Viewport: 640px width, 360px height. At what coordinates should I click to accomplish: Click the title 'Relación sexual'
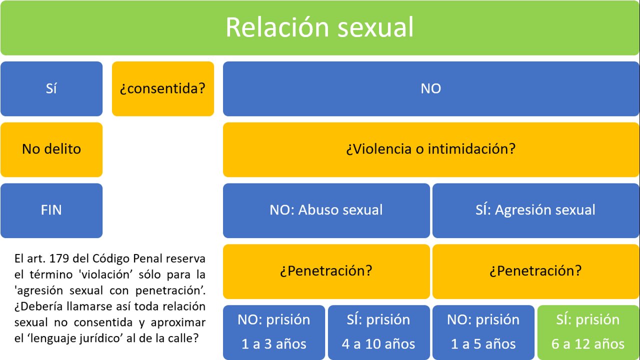click(x=319, y=27)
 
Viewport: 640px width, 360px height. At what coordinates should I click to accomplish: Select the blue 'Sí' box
click(x=51, y=88)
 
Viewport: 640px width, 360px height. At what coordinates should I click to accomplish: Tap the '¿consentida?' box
click(x=163, y=88)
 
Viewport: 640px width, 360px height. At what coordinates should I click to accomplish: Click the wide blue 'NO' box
click(x=430, y=88)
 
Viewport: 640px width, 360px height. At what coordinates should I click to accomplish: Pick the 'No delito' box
click(x=51, y=149)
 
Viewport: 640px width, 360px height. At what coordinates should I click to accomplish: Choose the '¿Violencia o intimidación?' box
click(x=430, y=149)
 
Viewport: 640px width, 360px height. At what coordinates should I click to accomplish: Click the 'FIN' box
click(x=51, y=210)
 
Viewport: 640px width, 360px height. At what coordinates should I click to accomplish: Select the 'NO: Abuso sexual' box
click(x=326, y=210)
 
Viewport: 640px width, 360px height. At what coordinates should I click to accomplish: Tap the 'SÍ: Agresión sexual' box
click(x=535, y=210)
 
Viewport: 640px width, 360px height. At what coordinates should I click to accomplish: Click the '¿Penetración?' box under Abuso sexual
click(x=326, y=271)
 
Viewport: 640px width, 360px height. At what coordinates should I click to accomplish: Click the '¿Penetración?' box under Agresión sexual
click(x=535, y=271)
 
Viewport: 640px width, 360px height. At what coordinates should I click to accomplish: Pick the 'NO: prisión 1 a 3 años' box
click(x=274, y=332)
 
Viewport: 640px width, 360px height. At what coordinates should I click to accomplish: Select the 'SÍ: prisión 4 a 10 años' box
click(x=378, y=332)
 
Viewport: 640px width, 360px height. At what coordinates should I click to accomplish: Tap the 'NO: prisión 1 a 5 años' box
click(x=483, y=332)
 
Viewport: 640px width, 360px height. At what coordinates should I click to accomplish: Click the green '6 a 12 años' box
click(x=588, y=332)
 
